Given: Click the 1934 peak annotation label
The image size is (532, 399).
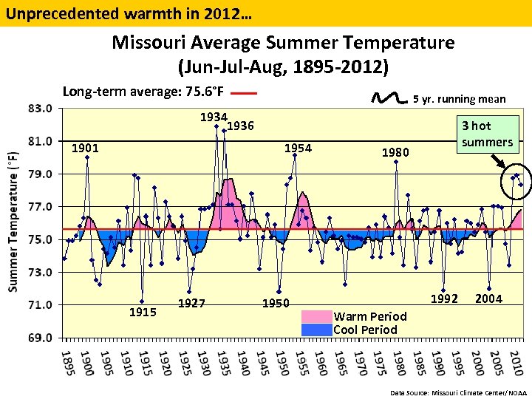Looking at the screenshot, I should tap(214, 117).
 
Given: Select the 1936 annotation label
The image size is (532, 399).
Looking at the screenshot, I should tap(240, 126).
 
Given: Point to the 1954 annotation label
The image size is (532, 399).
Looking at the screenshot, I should tap(299, 149).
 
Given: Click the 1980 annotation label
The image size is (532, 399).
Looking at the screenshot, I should tap(395, 153).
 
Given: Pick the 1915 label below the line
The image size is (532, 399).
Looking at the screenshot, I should tap(143, 312).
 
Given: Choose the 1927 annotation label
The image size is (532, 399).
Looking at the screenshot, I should tap(191, 303).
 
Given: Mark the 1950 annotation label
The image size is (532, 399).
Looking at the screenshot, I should tap(276, 304).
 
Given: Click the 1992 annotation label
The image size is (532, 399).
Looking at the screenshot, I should tap(444, 299).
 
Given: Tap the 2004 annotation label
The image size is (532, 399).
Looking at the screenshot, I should tap(488, 299).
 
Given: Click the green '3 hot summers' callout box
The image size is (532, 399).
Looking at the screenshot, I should tap(487, 134).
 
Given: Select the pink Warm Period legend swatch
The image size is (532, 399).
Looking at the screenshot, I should tap(316, 316).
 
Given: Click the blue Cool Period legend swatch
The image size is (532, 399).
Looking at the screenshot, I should tap(316, 330).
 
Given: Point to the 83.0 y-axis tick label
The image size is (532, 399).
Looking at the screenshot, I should tap(40, 108).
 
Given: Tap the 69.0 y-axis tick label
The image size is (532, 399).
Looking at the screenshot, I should tap(40, 338).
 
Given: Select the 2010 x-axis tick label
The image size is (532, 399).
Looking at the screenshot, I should tap(516, 362).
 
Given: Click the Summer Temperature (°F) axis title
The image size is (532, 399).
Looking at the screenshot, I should tap(13, 222).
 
